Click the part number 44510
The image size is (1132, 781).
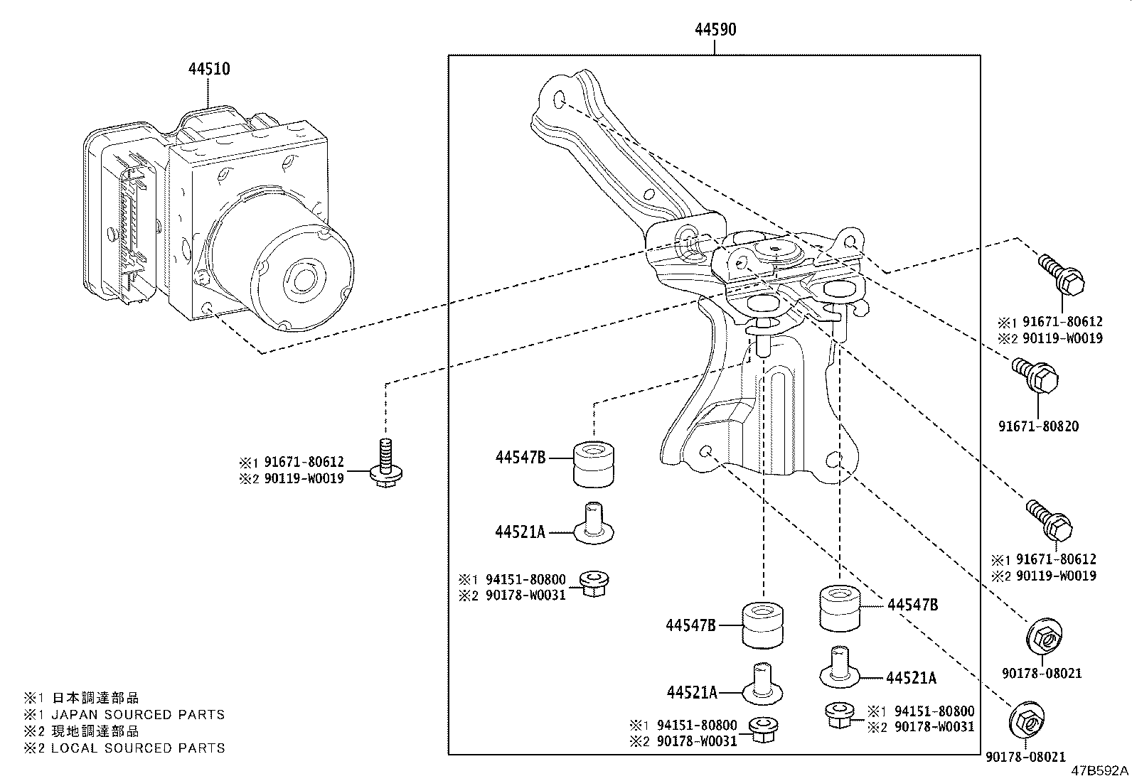click(x=209, y=70)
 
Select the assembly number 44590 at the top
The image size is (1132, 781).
click(x=715, y=29)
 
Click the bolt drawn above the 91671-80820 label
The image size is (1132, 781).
click(x=1039, y=377)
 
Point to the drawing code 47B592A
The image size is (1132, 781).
click(x=1100, y=771)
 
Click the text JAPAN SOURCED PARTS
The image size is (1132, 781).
click(x=137, y=714)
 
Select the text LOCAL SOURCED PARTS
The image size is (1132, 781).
click(x=137, y=748)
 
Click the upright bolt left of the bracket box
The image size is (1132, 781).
click(x=384, y=465)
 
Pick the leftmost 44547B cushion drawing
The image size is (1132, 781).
click(x=594, y=464)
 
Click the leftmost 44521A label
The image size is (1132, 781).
click(x=520, y=531)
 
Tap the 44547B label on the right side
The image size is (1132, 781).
click(x=912, y=605)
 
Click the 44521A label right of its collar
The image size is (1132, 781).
click(x=911, y=678)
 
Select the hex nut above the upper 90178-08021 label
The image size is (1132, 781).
click(x=1043, y=637)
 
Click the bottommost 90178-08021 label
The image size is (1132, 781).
click(x=1025, y=758)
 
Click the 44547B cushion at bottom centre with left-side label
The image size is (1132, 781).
click(x=763, y=625)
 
